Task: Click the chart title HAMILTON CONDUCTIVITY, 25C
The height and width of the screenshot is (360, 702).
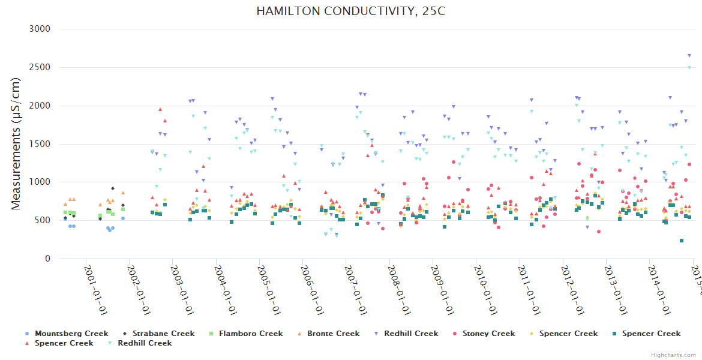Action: point(351,11)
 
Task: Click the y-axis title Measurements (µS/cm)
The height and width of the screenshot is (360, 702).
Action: point(16,143)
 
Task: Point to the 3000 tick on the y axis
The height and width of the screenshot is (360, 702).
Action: point(40,29)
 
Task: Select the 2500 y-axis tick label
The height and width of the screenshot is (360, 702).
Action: point(40,67)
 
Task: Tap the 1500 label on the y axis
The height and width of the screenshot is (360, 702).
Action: point(40,144)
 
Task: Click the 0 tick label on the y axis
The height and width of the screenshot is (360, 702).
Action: point(47,259)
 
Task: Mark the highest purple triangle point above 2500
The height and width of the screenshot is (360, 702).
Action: point(689,55)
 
